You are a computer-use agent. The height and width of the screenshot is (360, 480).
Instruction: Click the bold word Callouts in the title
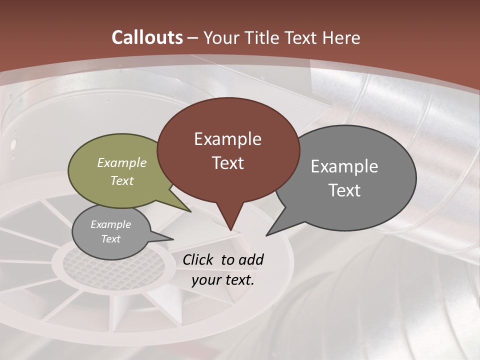pyautogui.click(x=147, y=37)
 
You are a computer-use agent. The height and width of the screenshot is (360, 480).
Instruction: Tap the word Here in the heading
pyautogui.click(x=340, y=37)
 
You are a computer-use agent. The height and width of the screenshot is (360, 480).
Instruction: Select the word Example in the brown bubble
pyautogui.click(x=227, y=139)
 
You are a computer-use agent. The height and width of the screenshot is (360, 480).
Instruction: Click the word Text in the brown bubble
pyautogui.click(x=227, y=163)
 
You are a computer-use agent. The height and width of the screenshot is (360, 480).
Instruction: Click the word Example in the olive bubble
pyautogui.click(x=122, y=163)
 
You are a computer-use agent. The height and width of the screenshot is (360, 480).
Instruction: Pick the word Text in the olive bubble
pyautogui.click(x=122, y=180)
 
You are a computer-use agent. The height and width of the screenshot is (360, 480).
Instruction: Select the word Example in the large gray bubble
pyautogui.click(x=344, y=166)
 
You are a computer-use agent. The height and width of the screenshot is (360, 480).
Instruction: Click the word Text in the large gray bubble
pyautogui.click(x=344, y=190)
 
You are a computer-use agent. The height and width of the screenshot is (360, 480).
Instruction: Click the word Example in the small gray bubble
pyautogui.click(x=111, y=224)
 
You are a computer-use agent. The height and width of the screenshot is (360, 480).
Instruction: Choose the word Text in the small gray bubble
pyautogui.click(x=111, y=239)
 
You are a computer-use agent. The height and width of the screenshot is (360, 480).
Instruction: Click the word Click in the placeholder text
pyautogui.click(x=198, y=259)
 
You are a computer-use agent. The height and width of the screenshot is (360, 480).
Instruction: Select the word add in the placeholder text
pyautogui.click(x=251, y=259)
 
